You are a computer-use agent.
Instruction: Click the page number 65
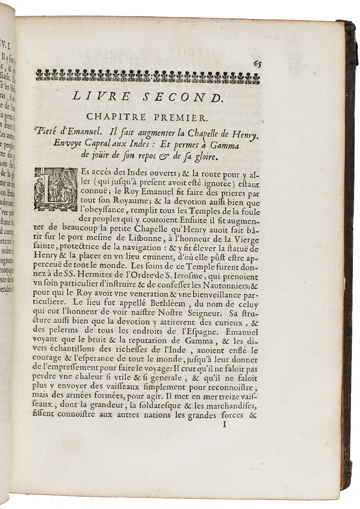coord(257,64)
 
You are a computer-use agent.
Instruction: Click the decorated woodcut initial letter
coord(55,189)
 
